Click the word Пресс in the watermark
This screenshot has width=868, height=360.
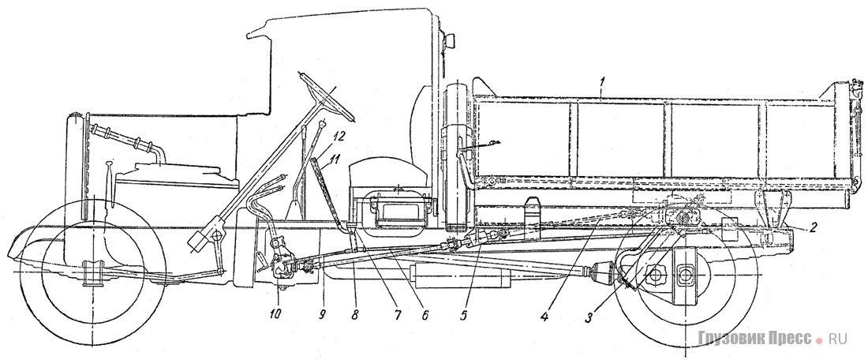[x=787, y=339]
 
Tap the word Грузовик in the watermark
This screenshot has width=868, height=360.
[x=732, y=339]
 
